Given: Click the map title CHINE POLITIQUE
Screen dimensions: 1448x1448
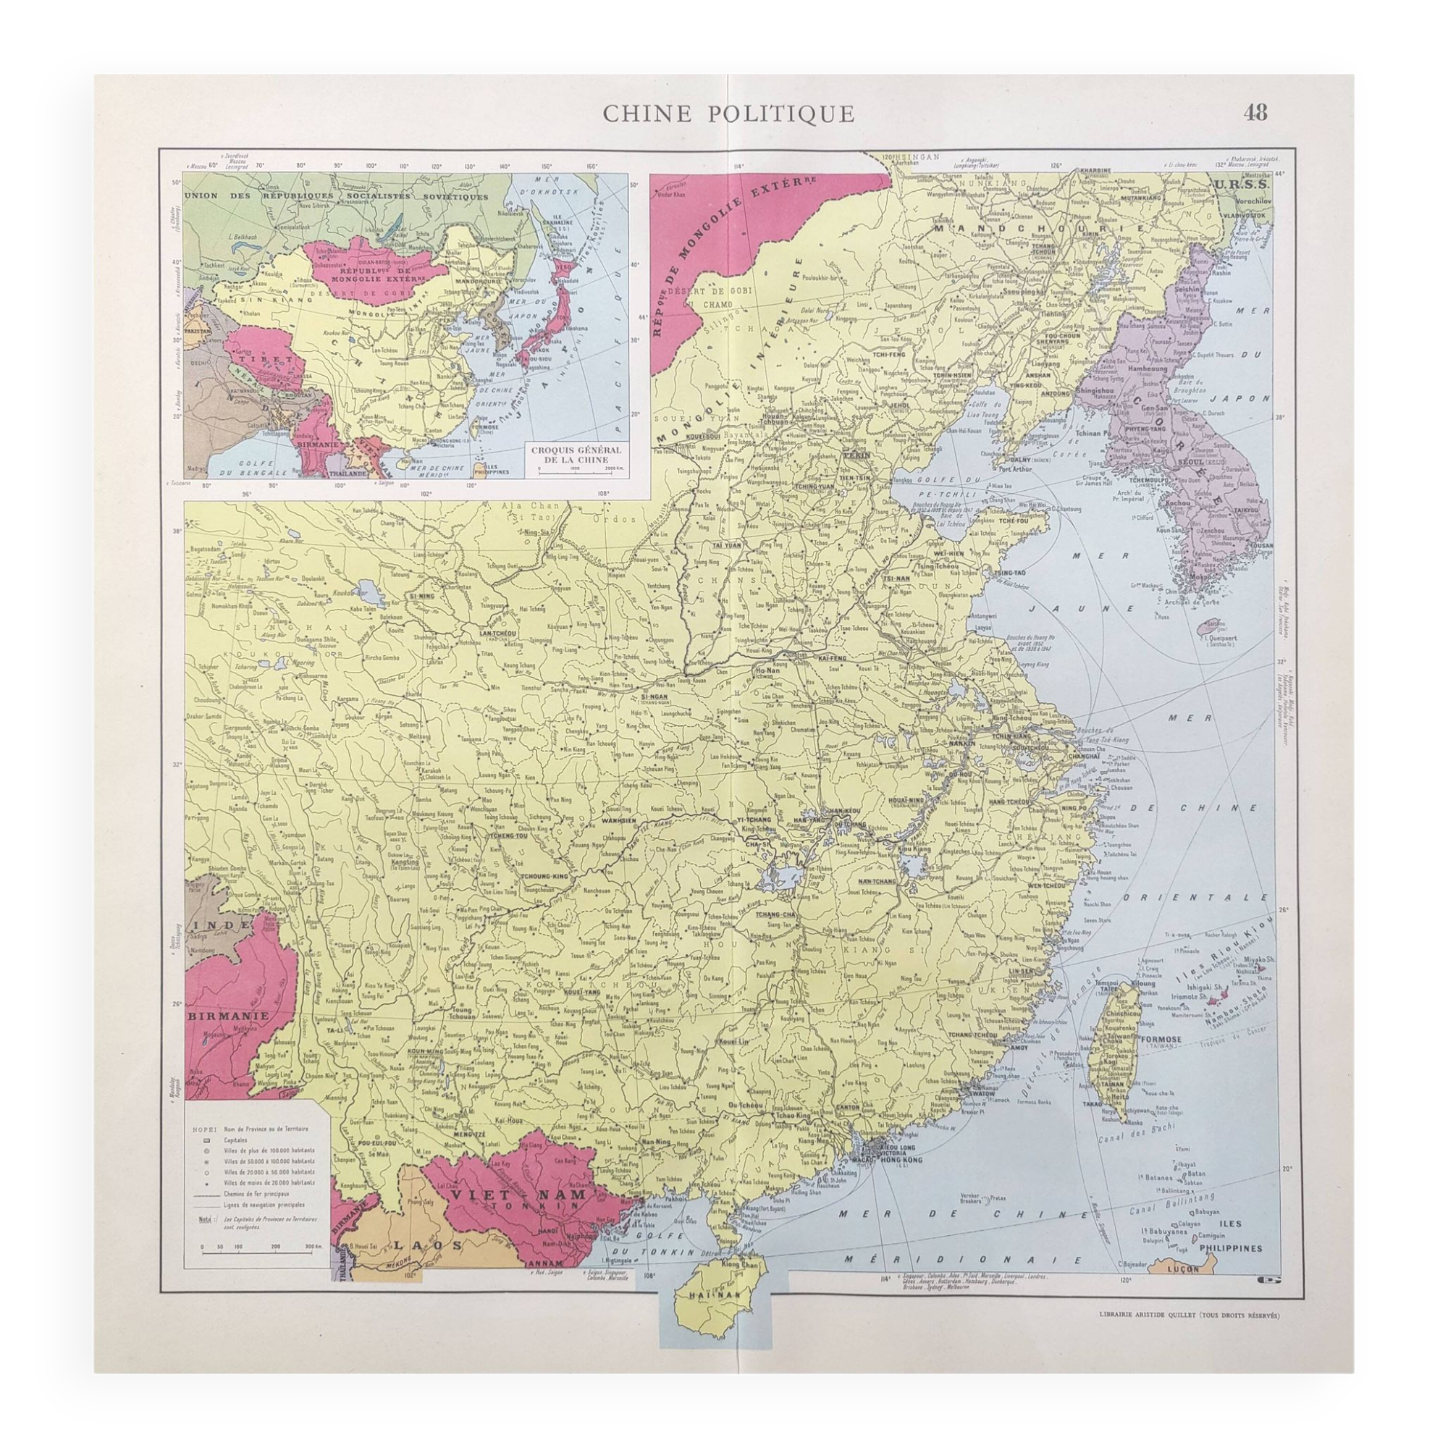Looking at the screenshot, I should click(728, 113).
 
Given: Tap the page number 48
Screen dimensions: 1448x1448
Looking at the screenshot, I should click(1255, 112).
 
